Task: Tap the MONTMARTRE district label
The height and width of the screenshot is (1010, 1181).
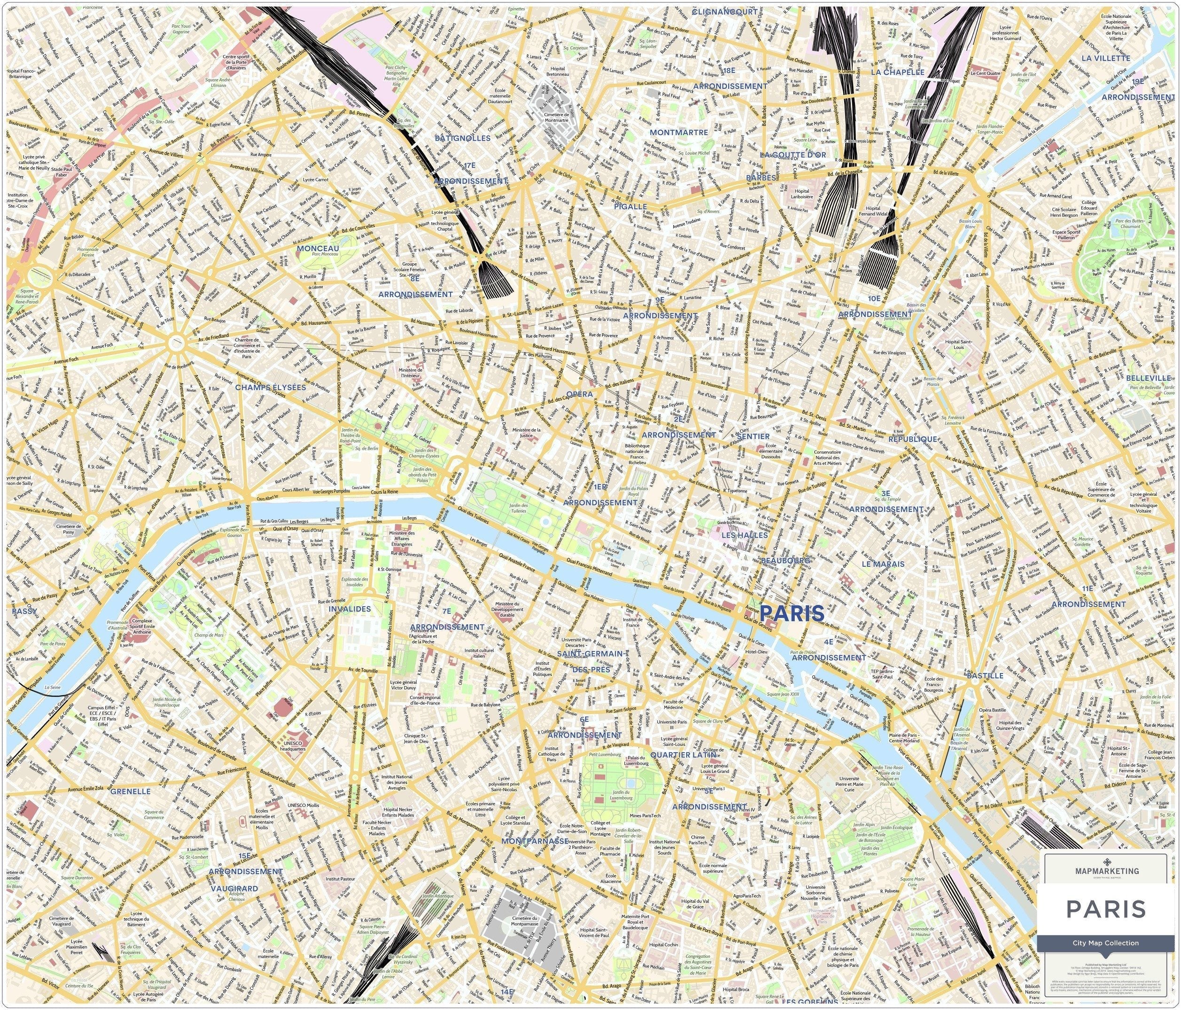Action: pyautogui.click(x=679, y=133)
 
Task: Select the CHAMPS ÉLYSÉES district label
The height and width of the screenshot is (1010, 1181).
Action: pyautogui.click(x=270, y=387)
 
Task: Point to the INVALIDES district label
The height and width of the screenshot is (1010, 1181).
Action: pyautogui.click(x=350, y=609)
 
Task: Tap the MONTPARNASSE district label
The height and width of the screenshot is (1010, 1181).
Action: pyautogui.click(x=534, y=841)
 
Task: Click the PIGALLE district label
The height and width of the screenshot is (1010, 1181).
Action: pyautogui.click(x=630, y=206)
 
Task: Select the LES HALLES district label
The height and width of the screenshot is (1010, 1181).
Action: pyautogui.click(x=745, y=535)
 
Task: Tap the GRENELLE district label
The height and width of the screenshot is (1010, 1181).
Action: pyautogui.click(x=131, y=791)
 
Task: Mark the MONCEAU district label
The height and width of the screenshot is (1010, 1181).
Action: pyautogui.click(x=318, y=249)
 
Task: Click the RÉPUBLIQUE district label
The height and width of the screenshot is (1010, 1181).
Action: pyautogui.click(x=913, y=439)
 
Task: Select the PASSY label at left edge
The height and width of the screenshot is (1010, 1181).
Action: pyautogui.click(x=24, y=611)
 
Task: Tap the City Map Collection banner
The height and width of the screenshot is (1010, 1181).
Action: pyautogui.click(x=1105, y=943)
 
